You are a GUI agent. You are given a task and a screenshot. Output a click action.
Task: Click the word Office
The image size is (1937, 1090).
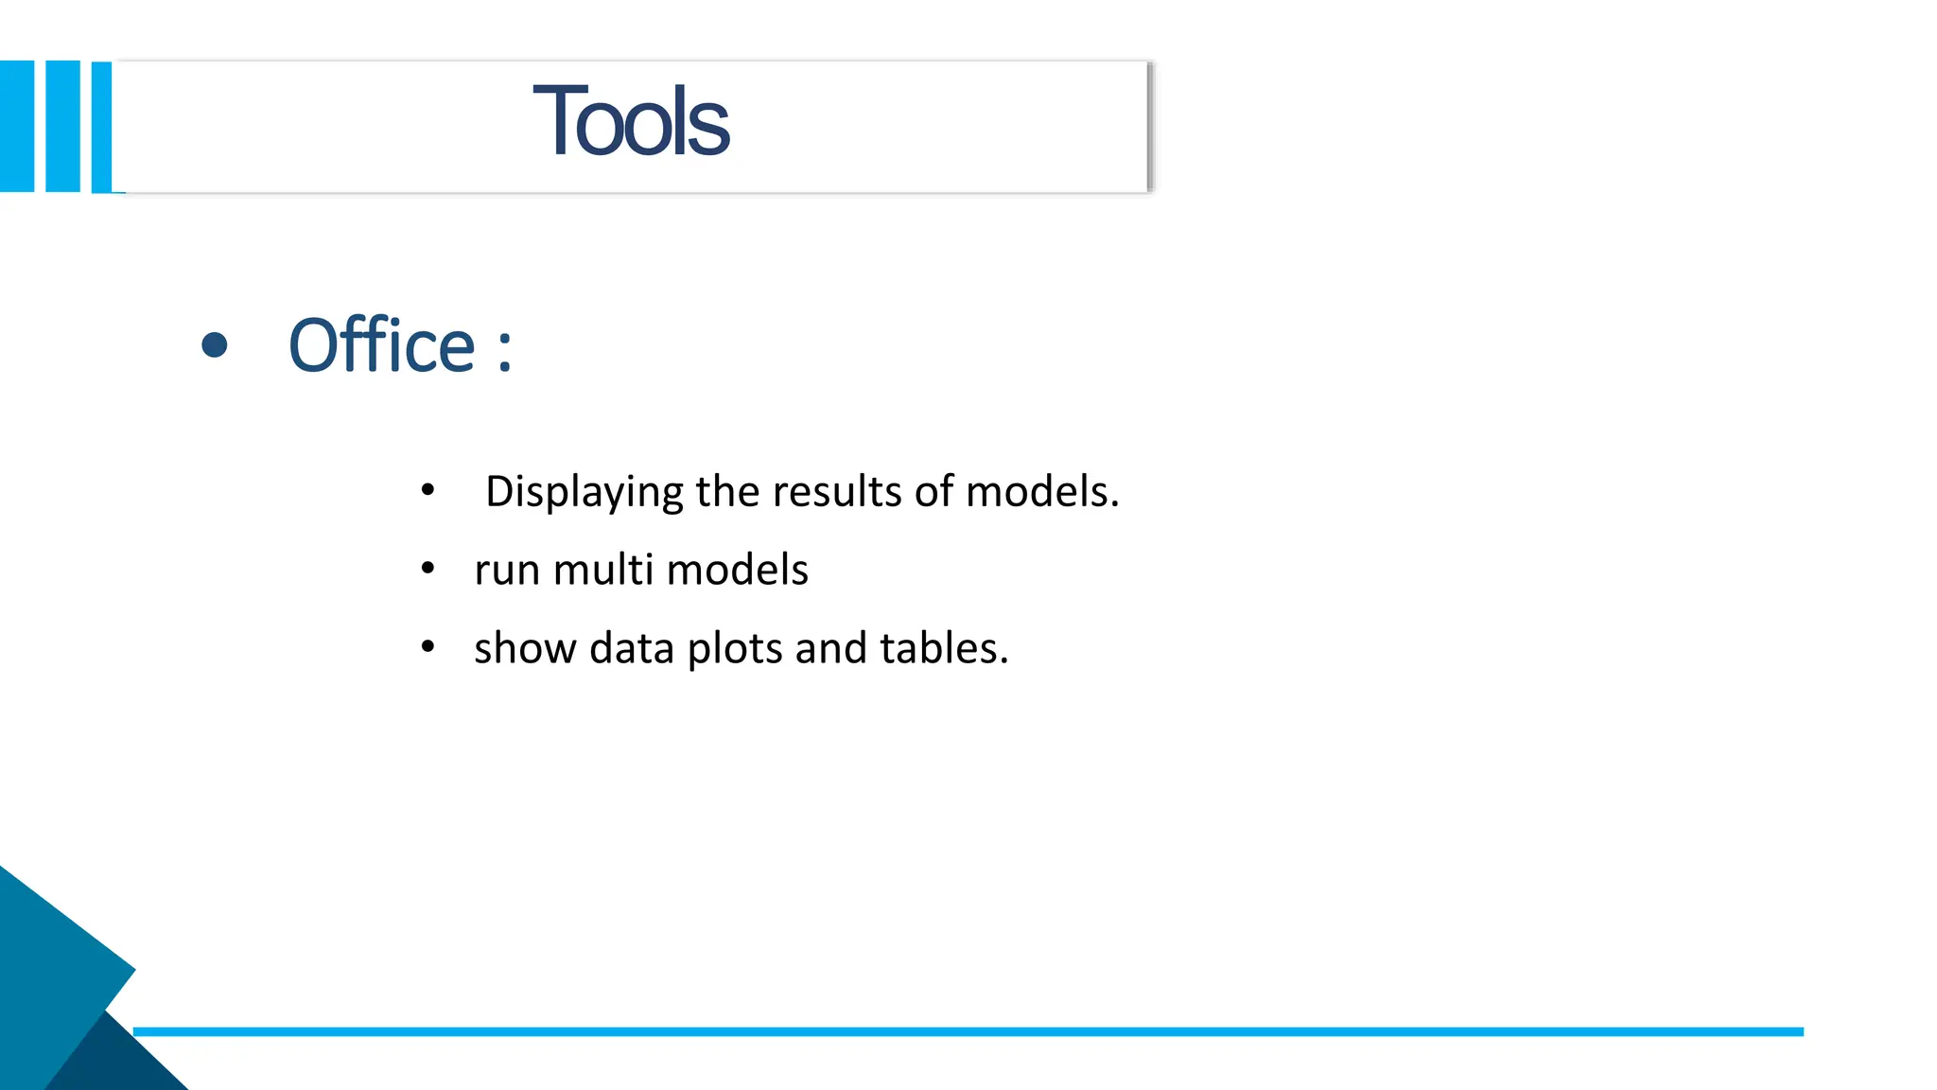tap(381, 346)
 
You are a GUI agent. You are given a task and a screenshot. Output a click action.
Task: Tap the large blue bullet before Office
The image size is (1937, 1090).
tap(215, 345)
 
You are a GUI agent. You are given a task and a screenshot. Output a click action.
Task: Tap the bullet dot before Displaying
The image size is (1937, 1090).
tap(428, 490)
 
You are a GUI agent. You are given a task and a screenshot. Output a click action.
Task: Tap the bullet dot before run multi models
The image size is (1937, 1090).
tap(428, 569)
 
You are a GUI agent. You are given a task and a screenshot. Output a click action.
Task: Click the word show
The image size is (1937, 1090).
tap(525, 649)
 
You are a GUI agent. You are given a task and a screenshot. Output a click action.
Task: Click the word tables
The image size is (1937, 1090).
tap(943, 649)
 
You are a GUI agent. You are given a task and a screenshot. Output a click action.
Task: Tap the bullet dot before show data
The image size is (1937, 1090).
tap(428, 647)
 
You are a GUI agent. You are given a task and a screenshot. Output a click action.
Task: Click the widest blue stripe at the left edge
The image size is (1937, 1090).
tap(17, 126)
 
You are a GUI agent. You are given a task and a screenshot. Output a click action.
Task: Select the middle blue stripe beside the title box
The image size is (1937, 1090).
tap(62, 126)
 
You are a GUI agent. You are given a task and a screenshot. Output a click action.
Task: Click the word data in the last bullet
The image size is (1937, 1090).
tap(631, 649)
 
